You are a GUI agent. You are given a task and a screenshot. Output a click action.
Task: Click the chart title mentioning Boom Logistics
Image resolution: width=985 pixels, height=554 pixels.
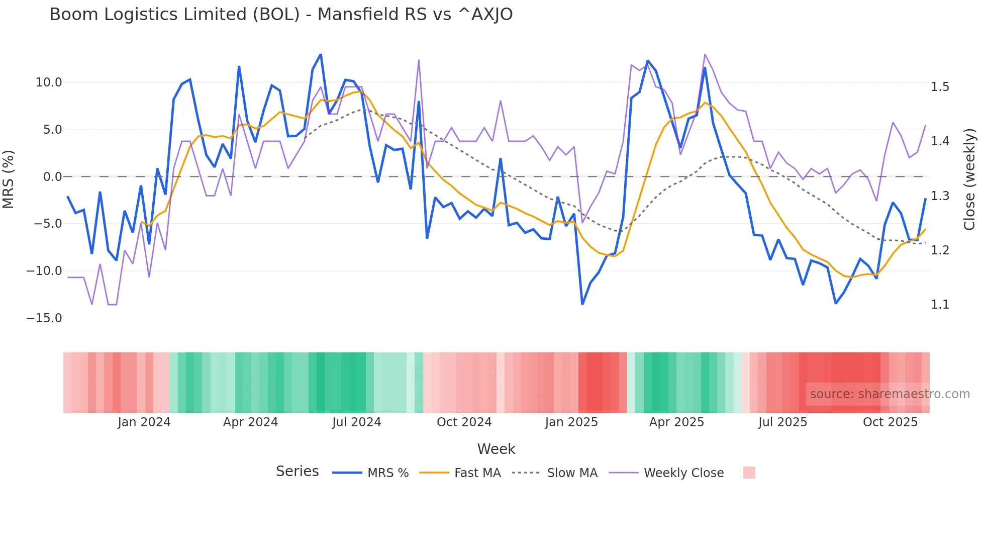281,15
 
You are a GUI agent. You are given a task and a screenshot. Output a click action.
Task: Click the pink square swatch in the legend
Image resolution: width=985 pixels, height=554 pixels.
749,473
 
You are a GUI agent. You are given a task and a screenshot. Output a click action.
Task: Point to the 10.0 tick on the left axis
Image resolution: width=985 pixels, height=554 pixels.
49,82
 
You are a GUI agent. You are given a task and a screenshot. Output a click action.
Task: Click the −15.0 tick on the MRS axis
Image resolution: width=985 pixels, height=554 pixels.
44,318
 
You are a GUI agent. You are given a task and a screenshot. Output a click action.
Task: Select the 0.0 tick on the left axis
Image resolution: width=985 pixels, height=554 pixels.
52,177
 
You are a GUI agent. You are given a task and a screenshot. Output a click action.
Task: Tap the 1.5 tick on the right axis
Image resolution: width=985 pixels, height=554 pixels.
940,87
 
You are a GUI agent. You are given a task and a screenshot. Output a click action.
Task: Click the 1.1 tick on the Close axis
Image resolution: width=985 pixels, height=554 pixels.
940,305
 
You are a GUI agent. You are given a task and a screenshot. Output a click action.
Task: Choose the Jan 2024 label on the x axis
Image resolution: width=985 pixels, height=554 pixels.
144,422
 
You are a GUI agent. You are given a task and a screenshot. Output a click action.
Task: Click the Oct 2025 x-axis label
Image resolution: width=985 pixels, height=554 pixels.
890,422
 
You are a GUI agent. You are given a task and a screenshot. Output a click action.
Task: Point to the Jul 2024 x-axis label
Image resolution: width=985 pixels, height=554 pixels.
356,422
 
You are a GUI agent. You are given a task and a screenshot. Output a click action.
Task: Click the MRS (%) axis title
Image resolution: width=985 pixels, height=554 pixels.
9,179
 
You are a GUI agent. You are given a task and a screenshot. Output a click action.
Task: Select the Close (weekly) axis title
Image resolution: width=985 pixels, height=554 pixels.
969,179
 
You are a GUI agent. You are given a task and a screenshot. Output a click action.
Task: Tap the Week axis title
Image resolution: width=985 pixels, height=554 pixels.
496,449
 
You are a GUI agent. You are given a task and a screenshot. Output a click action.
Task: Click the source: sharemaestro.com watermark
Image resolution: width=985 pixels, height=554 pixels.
890,394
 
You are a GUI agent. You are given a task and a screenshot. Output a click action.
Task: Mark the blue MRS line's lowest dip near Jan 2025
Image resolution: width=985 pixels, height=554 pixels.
582,304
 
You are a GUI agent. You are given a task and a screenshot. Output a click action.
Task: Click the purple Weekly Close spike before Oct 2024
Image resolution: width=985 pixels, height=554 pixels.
419,61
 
